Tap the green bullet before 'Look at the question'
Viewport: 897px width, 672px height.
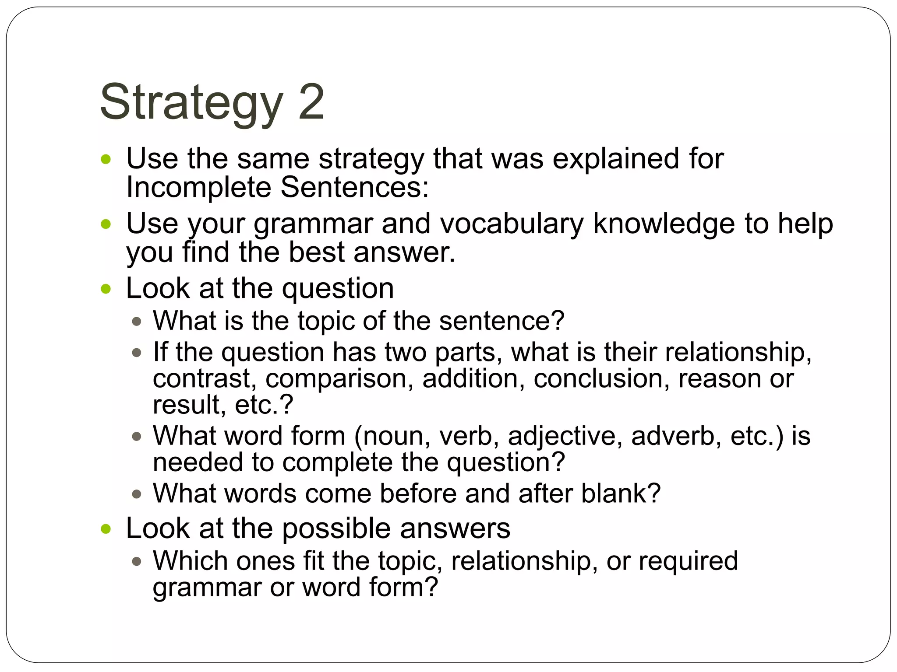tap(106, 289)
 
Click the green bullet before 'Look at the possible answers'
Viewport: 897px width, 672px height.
tap(106, 529)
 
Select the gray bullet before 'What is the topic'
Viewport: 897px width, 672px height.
tap(137, 322)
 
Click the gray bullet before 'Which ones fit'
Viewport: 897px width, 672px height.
tap(137, 561)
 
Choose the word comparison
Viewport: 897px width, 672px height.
tap(339, 379)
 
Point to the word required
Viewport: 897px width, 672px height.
tap(688, 561)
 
